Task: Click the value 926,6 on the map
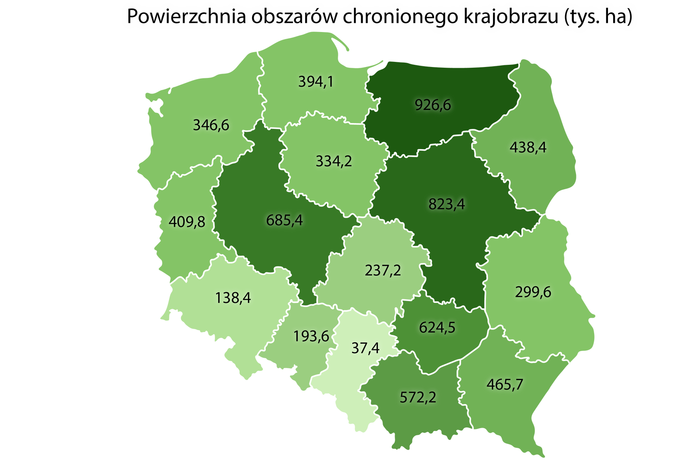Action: pyautogui.click(x=433, y=105)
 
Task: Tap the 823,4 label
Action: pyautogui.click(x=446, y=204)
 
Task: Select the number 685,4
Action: pyautogui.click(x=284, y=220)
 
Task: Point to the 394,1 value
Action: pyautogui.click(x=316, y=82)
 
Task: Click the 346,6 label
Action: pyautogui.click(x=211, y=125)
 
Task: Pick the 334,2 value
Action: pyautogui.click(x=334, y=161)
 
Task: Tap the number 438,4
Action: pyautogui.click(x=528, y=147)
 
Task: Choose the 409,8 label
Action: pyautogui.click(x=187, y=221)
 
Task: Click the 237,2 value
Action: pyautogui.click(x=383, y=270)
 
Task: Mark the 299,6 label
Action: pyautogui.click(x=533, y=292)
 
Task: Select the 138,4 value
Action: pyautogui.click(x=233, y=298)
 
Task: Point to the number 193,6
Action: pyautogui.click(x=311, y=336)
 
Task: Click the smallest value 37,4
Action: pyautogui.click(x=365, y=348)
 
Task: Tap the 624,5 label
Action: pyautogui.click(x=437, y=328)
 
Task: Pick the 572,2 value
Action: pyautogui.click(x=418, y=397)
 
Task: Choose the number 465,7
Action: pyautogui.click(x=505, y=384)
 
